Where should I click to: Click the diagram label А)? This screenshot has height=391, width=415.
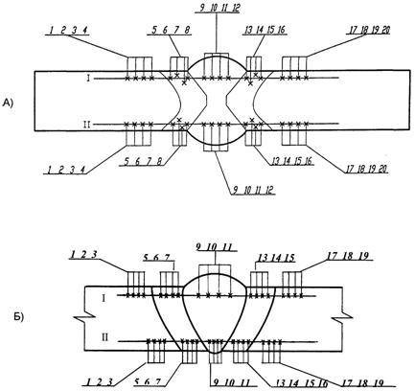click(8, 103)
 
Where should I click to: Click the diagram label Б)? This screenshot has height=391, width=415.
click(18, 317)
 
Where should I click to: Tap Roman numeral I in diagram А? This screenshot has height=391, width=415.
click(88, 78)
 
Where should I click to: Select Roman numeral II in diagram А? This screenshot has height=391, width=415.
click(87, 125)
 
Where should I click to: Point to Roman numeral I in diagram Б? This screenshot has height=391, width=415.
click(104, 298)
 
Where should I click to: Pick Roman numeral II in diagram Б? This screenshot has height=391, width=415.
click(104, 337)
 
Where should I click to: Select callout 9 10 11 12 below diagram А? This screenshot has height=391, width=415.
click(253, 191)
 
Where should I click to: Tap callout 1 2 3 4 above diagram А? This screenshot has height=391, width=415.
click(68, 31)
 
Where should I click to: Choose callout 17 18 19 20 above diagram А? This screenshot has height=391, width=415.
click(369, 30)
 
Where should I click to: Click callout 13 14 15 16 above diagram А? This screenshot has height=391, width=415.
click(265, 30)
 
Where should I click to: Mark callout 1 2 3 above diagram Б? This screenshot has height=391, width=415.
click(83, 254)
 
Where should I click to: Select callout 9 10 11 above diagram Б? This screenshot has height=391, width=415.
click(215, 247)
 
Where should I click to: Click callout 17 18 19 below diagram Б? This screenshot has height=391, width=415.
click(363, 382)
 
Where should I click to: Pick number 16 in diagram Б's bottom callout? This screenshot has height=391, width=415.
click(322, 382)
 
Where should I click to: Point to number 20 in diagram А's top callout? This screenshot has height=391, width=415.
click(385, 30)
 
